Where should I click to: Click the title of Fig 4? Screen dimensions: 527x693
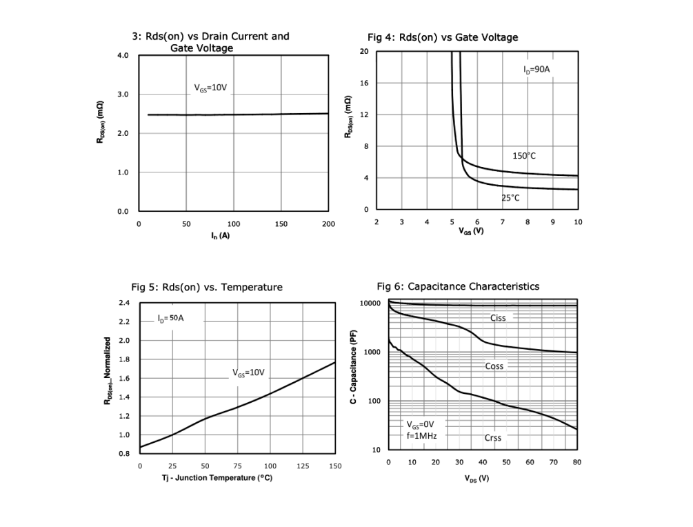coord(443,37)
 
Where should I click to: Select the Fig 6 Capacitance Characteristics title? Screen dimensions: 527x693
coord(458,286)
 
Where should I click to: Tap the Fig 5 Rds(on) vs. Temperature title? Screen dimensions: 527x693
coord(207,287)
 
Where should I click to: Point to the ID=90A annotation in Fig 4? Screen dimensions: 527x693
coord(536,70)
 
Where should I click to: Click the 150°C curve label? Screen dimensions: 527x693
coord(523,156)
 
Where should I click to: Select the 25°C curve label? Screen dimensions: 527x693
coord(510,198)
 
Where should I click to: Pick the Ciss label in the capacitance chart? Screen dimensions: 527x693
coord(498,318)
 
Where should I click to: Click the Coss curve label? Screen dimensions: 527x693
coord(494,366)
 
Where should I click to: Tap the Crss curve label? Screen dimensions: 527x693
coord(492,437)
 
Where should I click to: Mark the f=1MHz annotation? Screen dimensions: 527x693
coord(421,435)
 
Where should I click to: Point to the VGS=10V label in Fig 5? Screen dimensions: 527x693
coord(248,372)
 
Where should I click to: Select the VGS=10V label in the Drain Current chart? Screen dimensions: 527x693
coord(210,88)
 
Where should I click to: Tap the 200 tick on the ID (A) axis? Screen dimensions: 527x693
coord(328,224)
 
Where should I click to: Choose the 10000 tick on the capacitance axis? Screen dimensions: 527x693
coord(370,304)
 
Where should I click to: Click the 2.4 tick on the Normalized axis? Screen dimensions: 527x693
coord(124,303)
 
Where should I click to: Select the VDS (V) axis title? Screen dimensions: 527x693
coord(476,479)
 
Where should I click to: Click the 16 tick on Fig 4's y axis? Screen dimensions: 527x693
coord(364,83)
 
